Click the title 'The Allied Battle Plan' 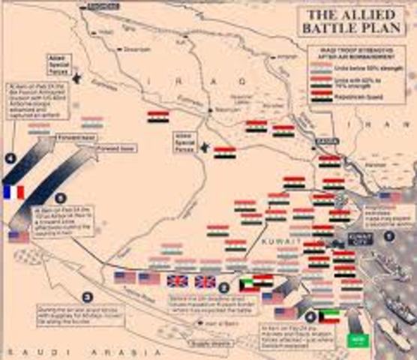pos(352,22)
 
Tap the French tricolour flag pos(13,191)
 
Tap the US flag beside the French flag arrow pos(19,237)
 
